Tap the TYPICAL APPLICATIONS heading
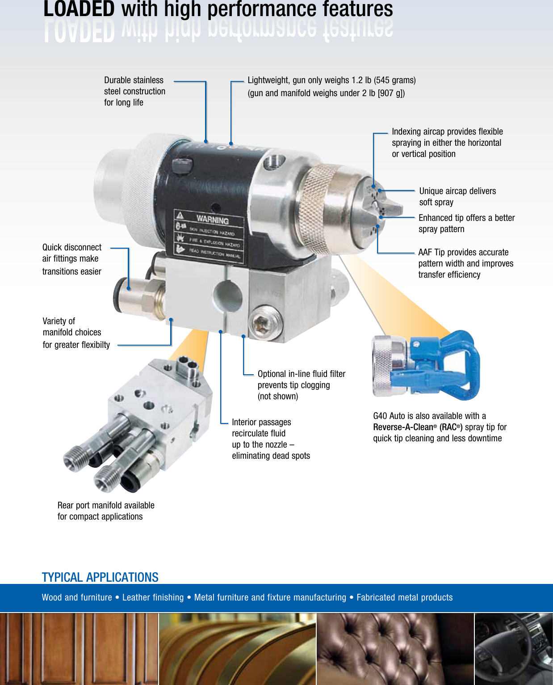pyautogui.click(x=100, y=577)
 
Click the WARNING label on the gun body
pyautogui.click(x=212, y=220)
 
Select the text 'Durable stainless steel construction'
pyautogui.click(x=134, y=86)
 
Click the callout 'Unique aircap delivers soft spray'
pyautogui.click(x=457, y=196)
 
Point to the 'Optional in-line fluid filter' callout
pyautogui.click(x=302, y=374)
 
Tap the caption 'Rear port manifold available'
pyautogui.click(x=106, y=505)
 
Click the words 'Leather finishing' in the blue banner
pyautogui.click(x=153, y=597)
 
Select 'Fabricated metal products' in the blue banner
pyautogui.click(x=404, y=597)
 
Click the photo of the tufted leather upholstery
pyautogui.click(x=395, y=648)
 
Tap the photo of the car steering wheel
pyautogui.click(x=513, y=648)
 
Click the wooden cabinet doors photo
pyautogui.click(x=79, y=648)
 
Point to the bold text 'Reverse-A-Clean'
pyautogui.click(x=403, y=427)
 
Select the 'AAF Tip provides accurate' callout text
pyautogui.click(x=463, y=252)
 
